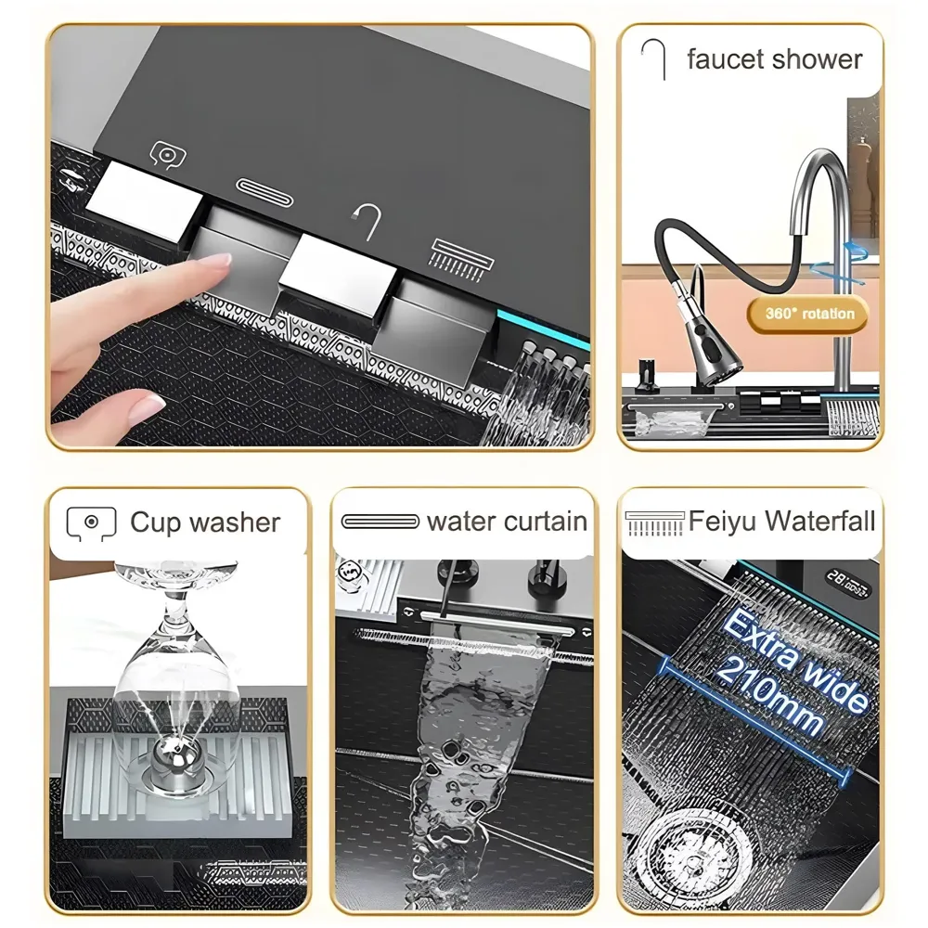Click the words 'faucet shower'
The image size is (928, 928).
774,59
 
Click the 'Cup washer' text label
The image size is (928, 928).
204,522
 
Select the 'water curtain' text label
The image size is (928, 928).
507,522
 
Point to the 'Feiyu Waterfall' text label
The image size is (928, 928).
781,521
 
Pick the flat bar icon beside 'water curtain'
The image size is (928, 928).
380,522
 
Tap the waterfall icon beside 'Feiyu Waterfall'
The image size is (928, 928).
654,522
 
